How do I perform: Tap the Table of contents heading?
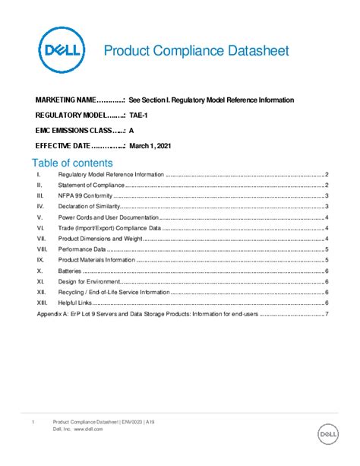[71, 163]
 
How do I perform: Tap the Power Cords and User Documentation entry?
[106, 217]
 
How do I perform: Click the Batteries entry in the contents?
[71, 271]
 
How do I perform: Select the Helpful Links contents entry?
[75, 303]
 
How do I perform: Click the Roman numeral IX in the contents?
[39, 260]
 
